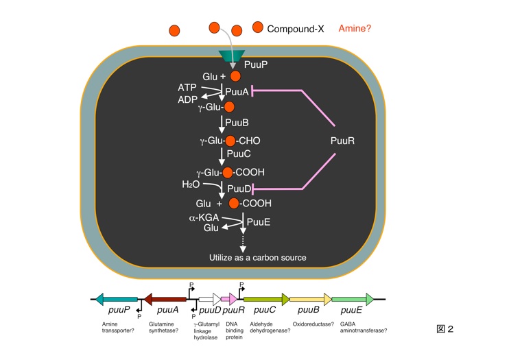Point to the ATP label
187,88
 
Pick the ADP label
187,100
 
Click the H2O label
191,185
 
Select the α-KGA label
202,218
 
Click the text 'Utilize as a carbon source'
257,257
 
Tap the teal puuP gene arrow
117,300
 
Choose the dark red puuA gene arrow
165,300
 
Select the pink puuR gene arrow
228,300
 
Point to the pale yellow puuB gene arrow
311,300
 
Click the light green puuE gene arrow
353,300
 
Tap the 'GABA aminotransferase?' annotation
359,326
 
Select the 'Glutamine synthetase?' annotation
164,326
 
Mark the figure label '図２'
445,329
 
